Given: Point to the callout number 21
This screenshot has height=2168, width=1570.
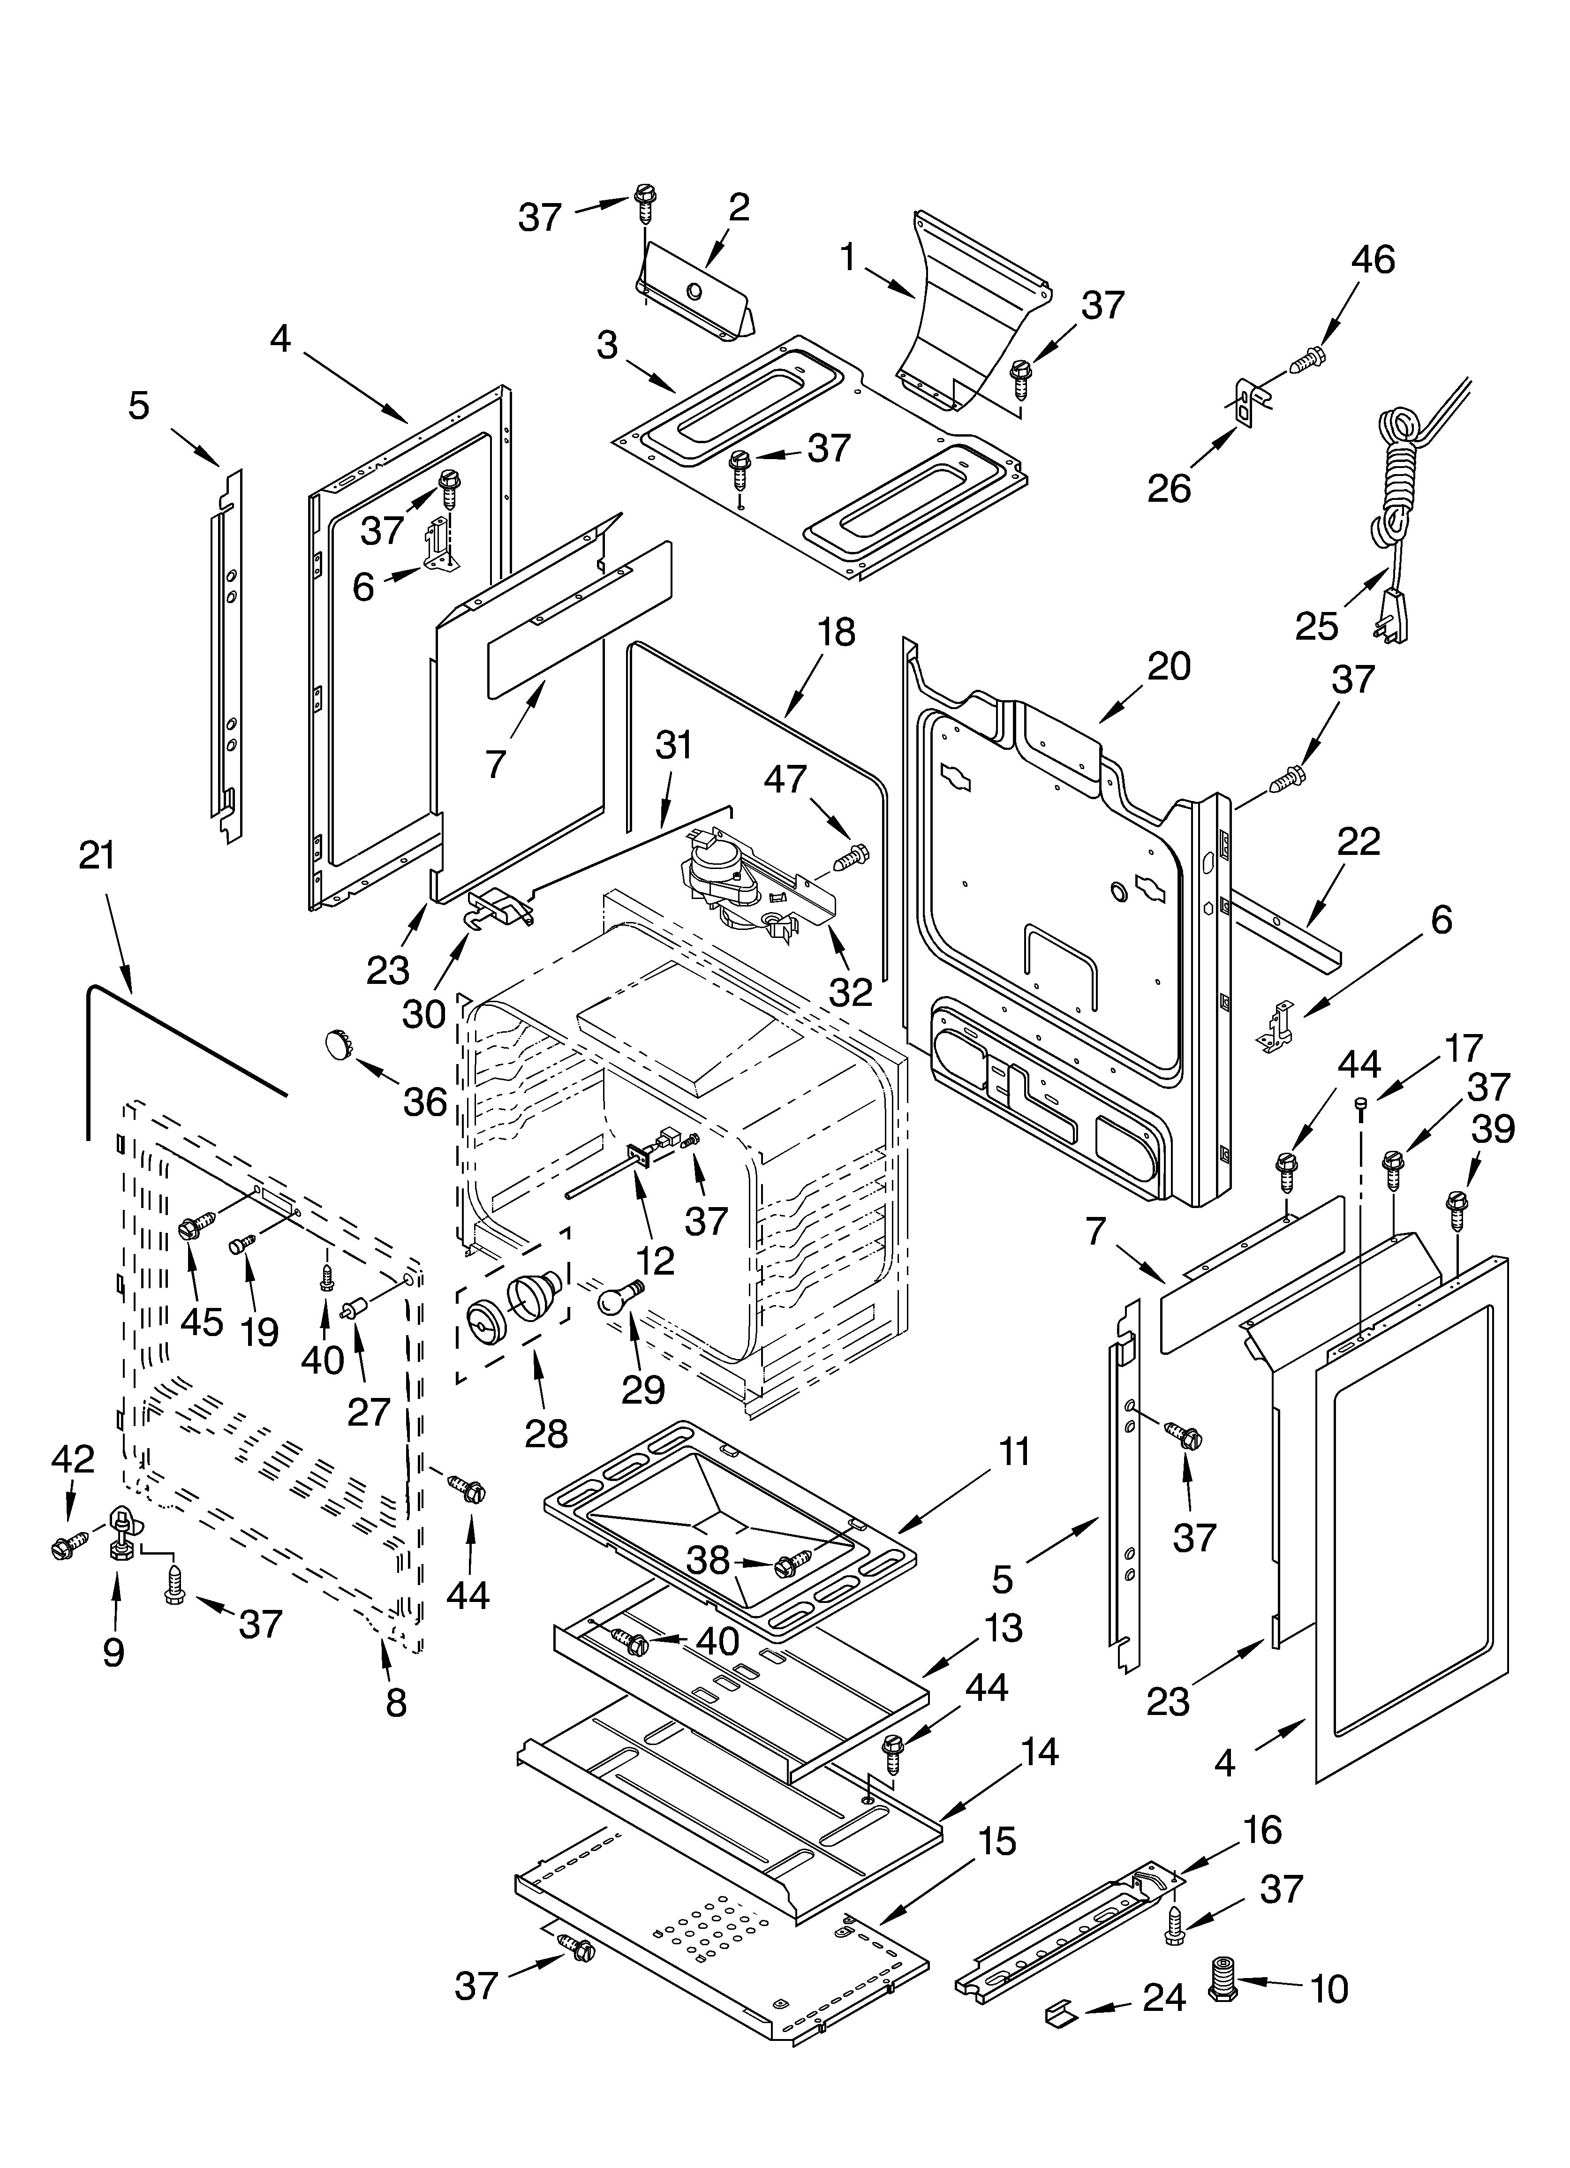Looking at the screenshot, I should [97, 855].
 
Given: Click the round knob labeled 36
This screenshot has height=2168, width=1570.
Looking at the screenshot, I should [337, 1043].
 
